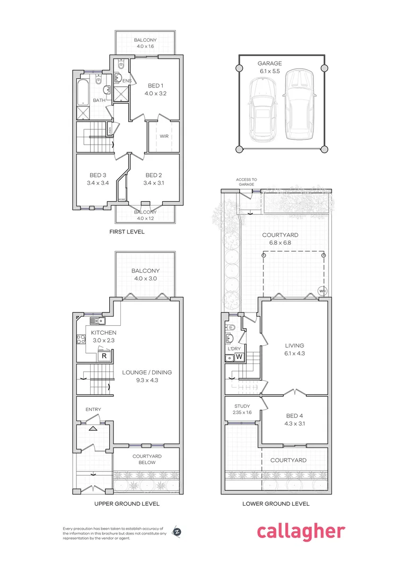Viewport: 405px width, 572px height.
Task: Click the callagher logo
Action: (x=301, y=532)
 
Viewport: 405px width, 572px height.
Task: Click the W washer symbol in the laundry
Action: (x=239, y=357)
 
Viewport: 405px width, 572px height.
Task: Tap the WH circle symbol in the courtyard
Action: (x=322, y=290)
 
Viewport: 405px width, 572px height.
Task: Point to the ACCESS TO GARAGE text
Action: (x=246, y=182)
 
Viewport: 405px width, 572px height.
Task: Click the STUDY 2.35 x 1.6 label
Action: (x=241, y=409)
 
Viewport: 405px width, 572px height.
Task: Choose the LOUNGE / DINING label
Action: (x=147, y=376)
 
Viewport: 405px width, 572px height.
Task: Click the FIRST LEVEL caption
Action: (x=127, y=232)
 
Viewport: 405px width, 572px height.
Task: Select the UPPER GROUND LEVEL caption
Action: (x=126, y=504)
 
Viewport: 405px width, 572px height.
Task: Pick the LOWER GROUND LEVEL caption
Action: (x=276, y=504)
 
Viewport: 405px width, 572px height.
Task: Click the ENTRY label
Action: (x=93, y=409)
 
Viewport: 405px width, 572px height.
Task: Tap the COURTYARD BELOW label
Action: (x=147, y=459)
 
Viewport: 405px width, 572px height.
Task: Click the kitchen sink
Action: (x=96, y=320)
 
